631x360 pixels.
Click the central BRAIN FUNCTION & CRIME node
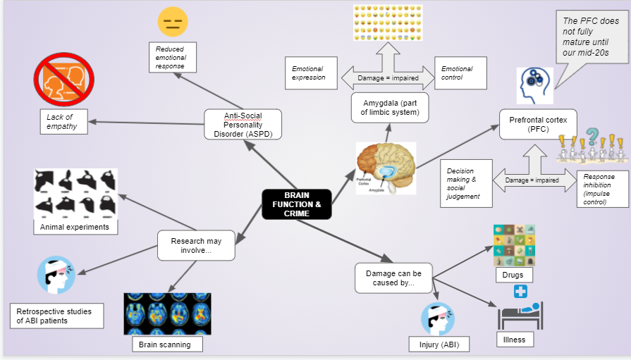pyautogui.click(x=297, y=204)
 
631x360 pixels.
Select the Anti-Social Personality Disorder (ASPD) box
pyautogui.click(x=243, y=124)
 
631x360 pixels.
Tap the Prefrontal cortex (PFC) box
pyautogui.click(x=538, y=125)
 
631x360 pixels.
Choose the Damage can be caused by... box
pyautogui.click(x=393, y=278)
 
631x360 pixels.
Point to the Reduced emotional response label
pyautogui.click(x=172, y=58)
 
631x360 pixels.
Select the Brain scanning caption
pyautogui.click(x=162, y=345)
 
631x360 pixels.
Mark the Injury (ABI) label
pyautogui.click(x=438, y=345)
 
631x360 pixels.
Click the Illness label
pyautogui.click(x=515, y=340)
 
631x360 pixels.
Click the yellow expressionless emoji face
pyautogui.click(x=172, y=22)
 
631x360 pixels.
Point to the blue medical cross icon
pyautogui.click(x=520, y=292)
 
